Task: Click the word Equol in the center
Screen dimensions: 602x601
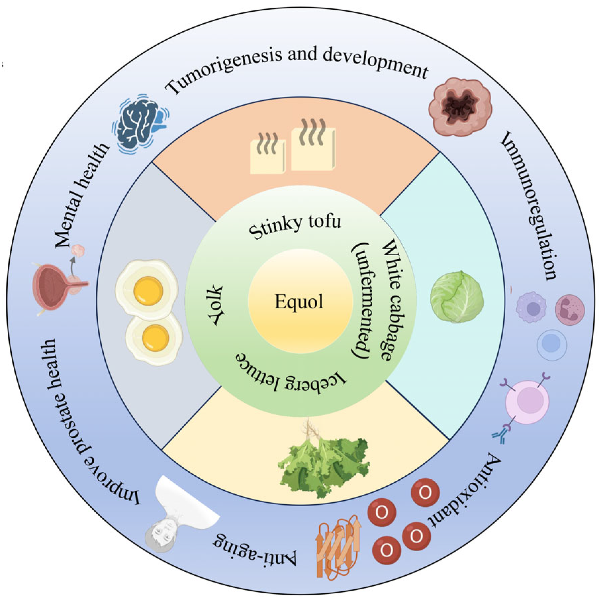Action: [x=299, y=301]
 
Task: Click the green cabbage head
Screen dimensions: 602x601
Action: [x=457, y=297]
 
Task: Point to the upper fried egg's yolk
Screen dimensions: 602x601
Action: [x=148, y=291]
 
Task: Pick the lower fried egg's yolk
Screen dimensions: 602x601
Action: [x=155, y=337]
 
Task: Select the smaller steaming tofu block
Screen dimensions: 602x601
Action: [x=267, y=156]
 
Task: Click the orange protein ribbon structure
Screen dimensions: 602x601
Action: [x=337, y=544]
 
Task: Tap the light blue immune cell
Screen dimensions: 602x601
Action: [x=552, y=344]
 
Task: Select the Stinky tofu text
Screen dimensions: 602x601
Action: [x=295, y=226]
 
